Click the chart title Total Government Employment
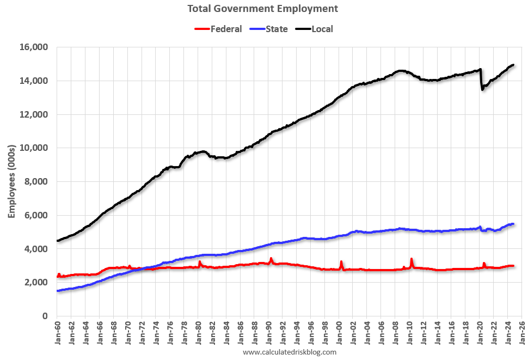click(262, 9)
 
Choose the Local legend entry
click(322, 29)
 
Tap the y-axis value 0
click(46, 316)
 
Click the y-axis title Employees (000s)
click(11, 181)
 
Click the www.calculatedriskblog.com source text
click(290, 352)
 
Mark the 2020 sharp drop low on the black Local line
click(482, 89)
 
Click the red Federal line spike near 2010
click(412, 259)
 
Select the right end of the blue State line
click(513, 224)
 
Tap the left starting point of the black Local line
click(58, 241)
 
